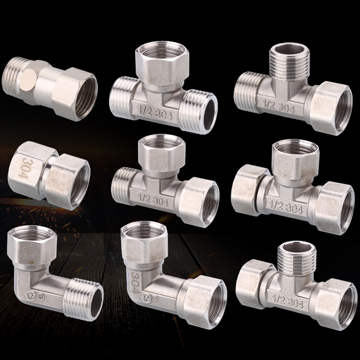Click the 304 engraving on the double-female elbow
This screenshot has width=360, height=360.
[x=135, y=282]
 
